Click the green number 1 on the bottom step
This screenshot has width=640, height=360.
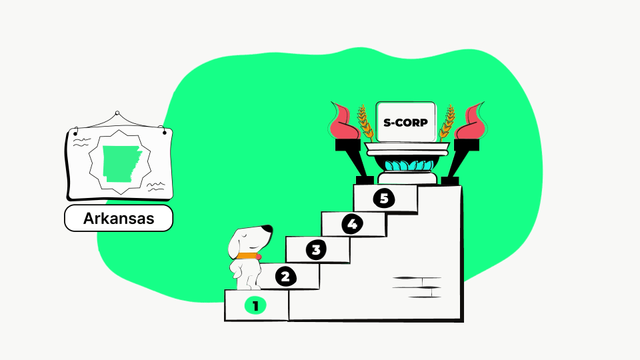[x=255, y=306]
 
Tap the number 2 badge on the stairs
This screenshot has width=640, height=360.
[x=285, y=277]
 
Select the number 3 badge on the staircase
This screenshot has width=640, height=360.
[x=316, y=250]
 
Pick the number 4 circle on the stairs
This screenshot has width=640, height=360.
[x=352, y=224]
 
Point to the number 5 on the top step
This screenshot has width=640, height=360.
[x=384, y=199]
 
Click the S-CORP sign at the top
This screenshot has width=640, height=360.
[x=406, y=122]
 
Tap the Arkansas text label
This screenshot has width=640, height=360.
[x=119, y=219]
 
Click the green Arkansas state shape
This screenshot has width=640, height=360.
[x=121, y=163]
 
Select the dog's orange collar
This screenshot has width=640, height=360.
[x=248, y=256]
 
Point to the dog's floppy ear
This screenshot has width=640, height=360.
[x=235, y=244]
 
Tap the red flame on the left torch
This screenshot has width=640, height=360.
[x=344, y=121]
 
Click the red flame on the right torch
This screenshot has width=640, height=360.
[x=471, y=121]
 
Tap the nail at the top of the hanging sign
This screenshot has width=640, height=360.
[x=117, y=113]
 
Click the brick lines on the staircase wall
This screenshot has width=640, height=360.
[x=417, y=287]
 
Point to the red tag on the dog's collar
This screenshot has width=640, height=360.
[x=259, y=256]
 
